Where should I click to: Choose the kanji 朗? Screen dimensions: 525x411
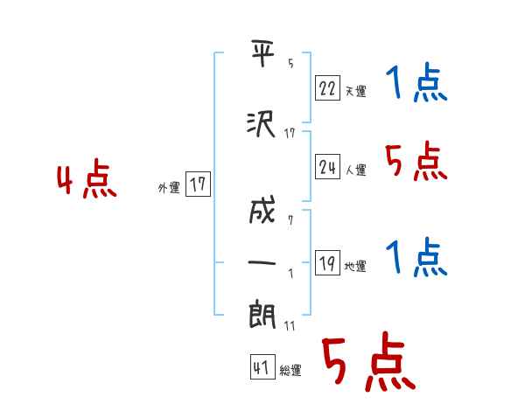[x=262, y=314]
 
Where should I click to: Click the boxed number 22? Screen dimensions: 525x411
[x=326, y=87]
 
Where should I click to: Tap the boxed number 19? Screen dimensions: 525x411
[x=326, y=263]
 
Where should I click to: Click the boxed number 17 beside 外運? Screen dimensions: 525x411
[x=199, y=185]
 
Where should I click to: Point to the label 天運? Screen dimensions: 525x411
[x=355, y=90]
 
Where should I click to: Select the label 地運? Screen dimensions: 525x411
[x=355, y=266]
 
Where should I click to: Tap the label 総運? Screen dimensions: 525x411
[x=290, y=371]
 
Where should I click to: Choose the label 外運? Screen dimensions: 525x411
[x=169, y=187]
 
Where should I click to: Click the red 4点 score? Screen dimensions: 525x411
[x=87, y=181]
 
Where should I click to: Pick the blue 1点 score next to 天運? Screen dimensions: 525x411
[x=416, y=86]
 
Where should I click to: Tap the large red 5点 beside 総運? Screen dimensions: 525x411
[x=367, y=365]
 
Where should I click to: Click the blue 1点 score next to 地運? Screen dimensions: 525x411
[x=416, y=258]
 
